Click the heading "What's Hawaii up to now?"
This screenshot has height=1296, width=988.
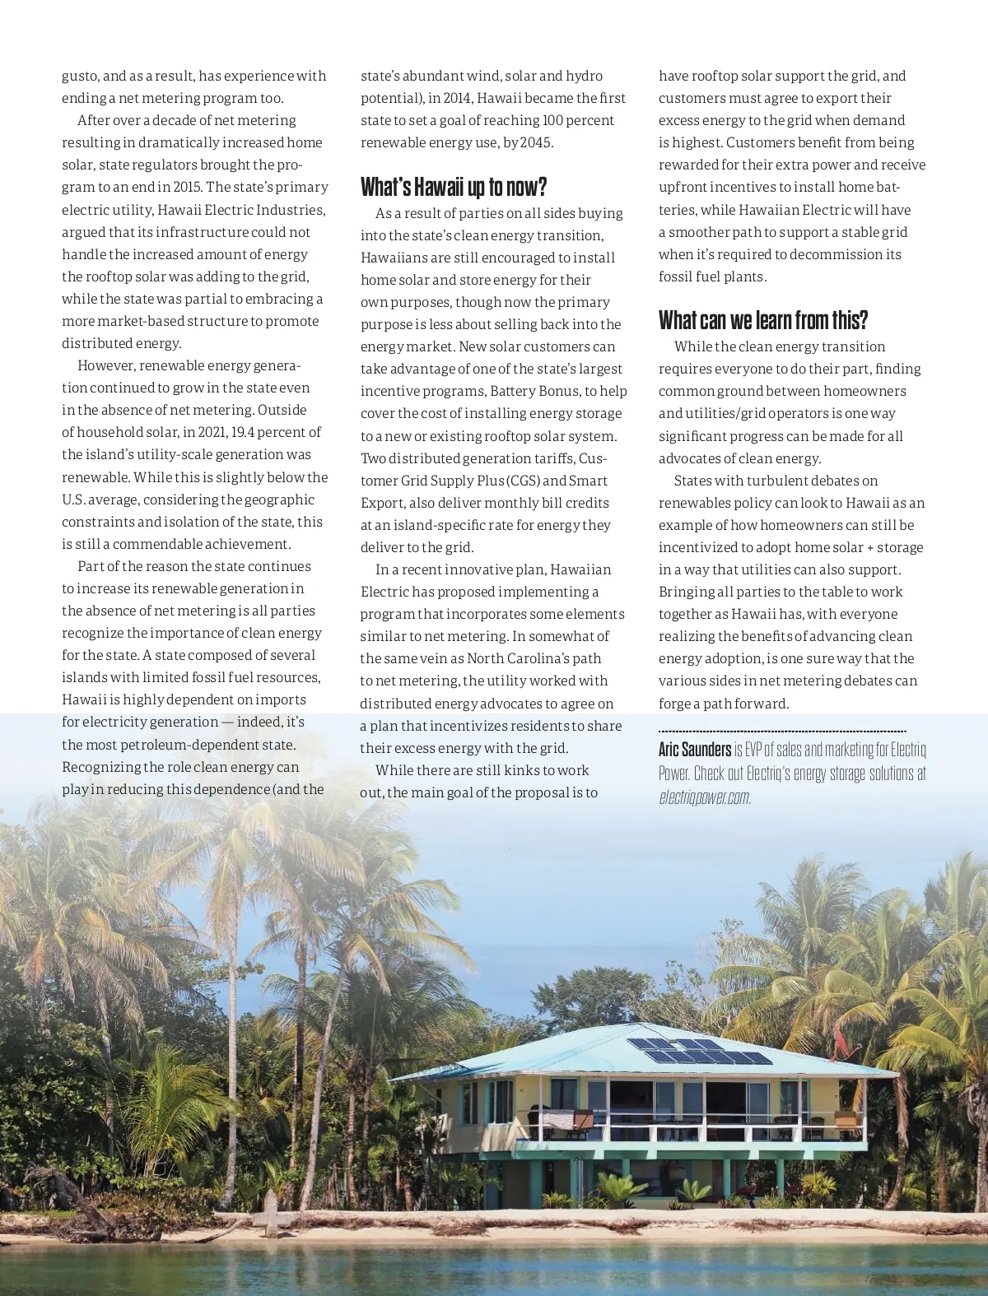(454, 188)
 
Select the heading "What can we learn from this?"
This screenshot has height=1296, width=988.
(763, 319)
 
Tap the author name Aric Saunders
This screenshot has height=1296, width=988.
(695, 749)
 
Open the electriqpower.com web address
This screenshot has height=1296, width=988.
(705, 797)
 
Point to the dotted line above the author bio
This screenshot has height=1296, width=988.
(782, 731)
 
